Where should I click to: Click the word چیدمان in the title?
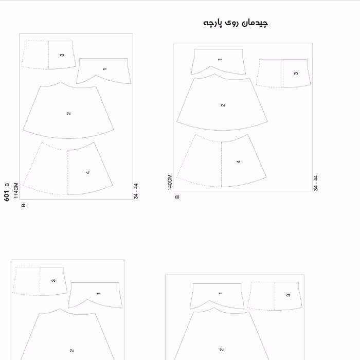[255, 23]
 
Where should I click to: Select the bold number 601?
[7, 195]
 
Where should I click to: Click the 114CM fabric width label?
[16, 191]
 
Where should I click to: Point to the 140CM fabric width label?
[170, 182]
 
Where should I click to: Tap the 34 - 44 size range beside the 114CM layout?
[136, 191]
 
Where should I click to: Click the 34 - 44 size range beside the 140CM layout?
[316, 183]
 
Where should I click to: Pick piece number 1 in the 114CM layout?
[105, 69]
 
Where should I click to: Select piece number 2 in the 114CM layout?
[68, 113]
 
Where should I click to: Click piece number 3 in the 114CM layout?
[62, 55]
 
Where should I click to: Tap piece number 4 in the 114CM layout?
[87, 172]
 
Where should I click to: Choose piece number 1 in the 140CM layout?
[220, 59]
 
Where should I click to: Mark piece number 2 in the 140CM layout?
[223, 105]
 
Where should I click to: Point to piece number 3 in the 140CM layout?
[296, 74]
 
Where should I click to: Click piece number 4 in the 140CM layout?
[239, 161]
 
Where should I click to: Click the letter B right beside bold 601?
[7, 185]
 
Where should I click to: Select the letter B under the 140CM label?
[177, 197]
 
